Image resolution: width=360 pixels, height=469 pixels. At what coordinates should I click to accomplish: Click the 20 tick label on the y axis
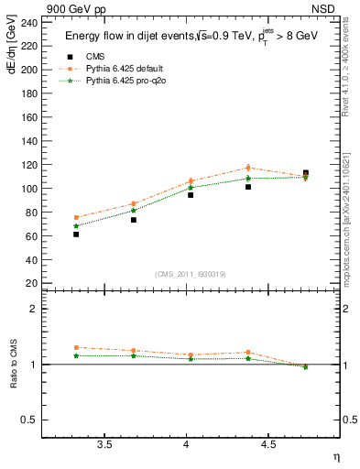(x=31, y=284)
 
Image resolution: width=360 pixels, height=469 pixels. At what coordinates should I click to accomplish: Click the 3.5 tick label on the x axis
(x=104, y=445)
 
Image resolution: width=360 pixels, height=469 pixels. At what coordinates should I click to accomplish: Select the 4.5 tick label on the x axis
(x=267, y=445)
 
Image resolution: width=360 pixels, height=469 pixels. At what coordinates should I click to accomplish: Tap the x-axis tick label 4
(x=187, y=445)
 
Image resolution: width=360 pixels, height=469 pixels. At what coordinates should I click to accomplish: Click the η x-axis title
(x=334, y=457)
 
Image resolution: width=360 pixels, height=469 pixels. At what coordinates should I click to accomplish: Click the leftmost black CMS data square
(x=76, y=234)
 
